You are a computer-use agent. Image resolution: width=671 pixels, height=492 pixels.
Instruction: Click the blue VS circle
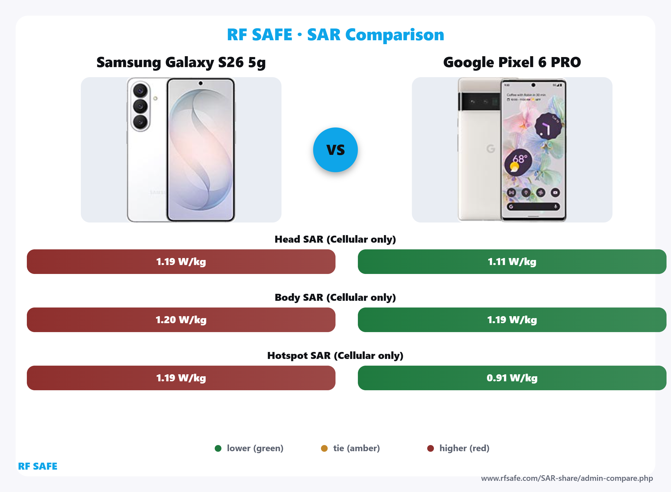(x=335, y=150)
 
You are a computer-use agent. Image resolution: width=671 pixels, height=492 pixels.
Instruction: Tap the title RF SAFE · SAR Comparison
(x=335, y=35)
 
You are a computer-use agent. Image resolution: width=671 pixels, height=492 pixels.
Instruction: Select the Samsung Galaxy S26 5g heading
(x=181, y=62)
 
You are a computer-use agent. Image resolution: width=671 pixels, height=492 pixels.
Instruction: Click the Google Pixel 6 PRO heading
(x=512, y=62)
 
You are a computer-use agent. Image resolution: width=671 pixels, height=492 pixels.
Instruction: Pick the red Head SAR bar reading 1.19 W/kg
(x=181, y=261)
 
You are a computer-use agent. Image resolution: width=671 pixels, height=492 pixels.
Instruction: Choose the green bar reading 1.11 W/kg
(x=512, y=261)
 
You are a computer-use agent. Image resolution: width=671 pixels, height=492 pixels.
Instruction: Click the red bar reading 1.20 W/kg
(x=181, y=320)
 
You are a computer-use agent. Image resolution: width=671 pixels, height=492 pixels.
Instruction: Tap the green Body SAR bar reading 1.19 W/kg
(x=512, y=320)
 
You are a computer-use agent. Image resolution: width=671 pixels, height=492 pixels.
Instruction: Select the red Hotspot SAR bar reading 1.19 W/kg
(x=181, y=378)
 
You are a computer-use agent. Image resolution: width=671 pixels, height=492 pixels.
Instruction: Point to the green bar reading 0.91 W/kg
(x=512, y=378)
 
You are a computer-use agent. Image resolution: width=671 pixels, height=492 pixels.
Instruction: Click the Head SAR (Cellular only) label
(x=335, y=239)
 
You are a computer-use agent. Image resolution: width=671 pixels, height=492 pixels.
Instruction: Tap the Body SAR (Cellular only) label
(x=335, y=297)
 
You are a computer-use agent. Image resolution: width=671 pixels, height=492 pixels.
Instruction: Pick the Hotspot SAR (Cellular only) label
(x=335, y=355)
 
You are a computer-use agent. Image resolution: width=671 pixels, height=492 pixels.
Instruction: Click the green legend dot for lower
(x=218, y=448)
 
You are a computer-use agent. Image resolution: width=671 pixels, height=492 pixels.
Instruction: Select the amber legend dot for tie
(x=324, y=448)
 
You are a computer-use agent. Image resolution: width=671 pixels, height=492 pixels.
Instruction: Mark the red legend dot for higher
(x=430, y=448)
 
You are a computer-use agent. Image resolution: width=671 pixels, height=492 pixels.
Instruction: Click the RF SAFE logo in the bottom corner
(x=37, y=466)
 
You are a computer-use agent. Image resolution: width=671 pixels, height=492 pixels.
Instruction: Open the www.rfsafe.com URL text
(x=567, y=478)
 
